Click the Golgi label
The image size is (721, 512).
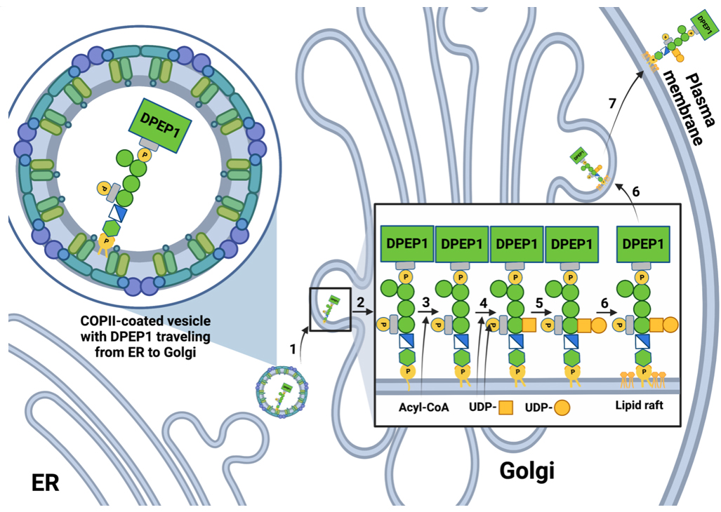click(527, 471)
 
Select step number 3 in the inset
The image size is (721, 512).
click(425, 301)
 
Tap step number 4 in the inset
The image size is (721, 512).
click(482, 301)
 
